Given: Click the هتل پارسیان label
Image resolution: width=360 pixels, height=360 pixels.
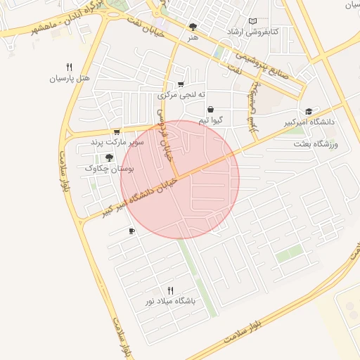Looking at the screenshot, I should coord(70,79).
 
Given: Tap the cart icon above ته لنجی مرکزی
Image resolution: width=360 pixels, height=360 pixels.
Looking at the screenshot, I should coord(181,84).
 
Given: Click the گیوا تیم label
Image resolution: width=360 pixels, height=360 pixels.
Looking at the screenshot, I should coord(211,120).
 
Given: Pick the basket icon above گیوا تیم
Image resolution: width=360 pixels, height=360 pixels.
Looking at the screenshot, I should coord(211,110).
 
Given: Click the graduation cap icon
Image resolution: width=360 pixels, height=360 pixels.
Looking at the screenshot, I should coord(309,111).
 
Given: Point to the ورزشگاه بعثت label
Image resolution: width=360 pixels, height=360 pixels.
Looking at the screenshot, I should coord(316,144).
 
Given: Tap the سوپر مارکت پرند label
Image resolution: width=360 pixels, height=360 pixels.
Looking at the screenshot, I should coord(117,143).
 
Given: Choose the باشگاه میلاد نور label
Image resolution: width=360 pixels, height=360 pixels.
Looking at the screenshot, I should coord(169,301).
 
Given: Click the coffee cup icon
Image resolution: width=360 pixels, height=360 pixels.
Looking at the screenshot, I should coord(131,231).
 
